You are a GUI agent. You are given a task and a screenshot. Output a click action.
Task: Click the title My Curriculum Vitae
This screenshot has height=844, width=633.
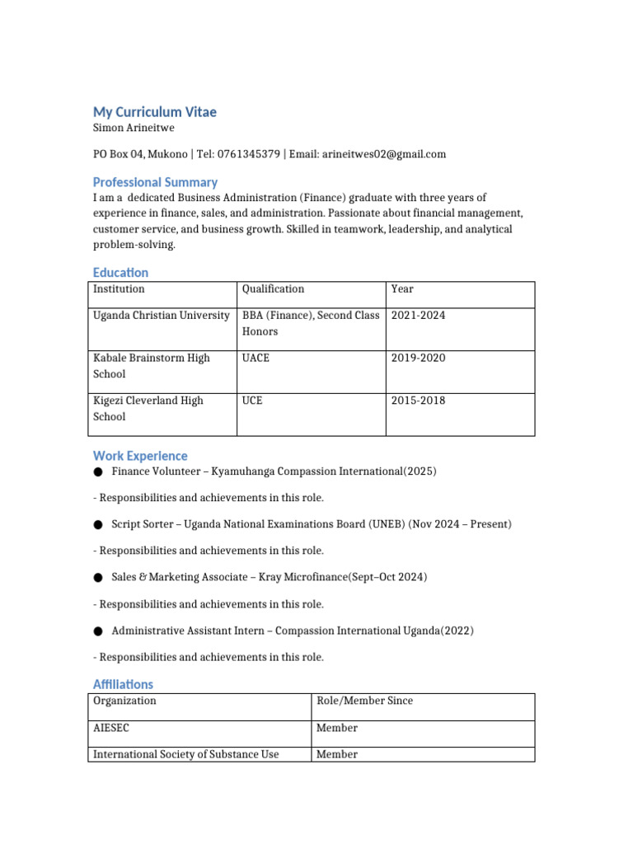[155, 112]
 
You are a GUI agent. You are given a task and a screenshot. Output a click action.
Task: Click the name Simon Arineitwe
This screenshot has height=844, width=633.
[134, 128]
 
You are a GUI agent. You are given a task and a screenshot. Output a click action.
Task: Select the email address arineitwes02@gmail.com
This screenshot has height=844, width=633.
[384, 154]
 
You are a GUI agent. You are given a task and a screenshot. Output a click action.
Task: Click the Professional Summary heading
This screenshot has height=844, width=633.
[155, 182]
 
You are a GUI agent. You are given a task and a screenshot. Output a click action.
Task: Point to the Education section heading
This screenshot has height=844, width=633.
[120, 272]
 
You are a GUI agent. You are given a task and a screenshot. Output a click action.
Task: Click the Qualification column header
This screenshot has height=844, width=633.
[273, 289]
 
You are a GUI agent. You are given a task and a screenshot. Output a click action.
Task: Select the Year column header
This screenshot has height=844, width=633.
[402, 289]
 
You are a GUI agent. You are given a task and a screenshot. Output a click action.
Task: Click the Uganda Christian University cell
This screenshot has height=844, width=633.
[162, 316]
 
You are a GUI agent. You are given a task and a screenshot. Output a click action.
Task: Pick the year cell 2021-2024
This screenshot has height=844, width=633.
[418, 316]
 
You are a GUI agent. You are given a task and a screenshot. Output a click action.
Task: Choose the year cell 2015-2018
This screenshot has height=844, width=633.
[418, 401]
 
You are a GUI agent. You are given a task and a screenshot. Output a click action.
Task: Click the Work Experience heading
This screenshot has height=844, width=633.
[140, 456]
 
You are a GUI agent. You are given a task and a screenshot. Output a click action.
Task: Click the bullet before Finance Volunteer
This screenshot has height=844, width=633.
[98, 472]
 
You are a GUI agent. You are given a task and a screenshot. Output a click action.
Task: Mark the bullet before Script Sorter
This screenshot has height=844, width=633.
[98, 525]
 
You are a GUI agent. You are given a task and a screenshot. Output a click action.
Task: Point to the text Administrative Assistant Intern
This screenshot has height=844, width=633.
[188, 631]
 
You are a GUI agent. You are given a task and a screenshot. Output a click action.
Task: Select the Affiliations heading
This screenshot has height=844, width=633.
[123, 684]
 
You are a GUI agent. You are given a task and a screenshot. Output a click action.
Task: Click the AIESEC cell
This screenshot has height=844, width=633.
[112, 729]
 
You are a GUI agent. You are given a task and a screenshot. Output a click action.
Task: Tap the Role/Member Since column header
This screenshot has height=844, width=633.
[364, 701]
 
